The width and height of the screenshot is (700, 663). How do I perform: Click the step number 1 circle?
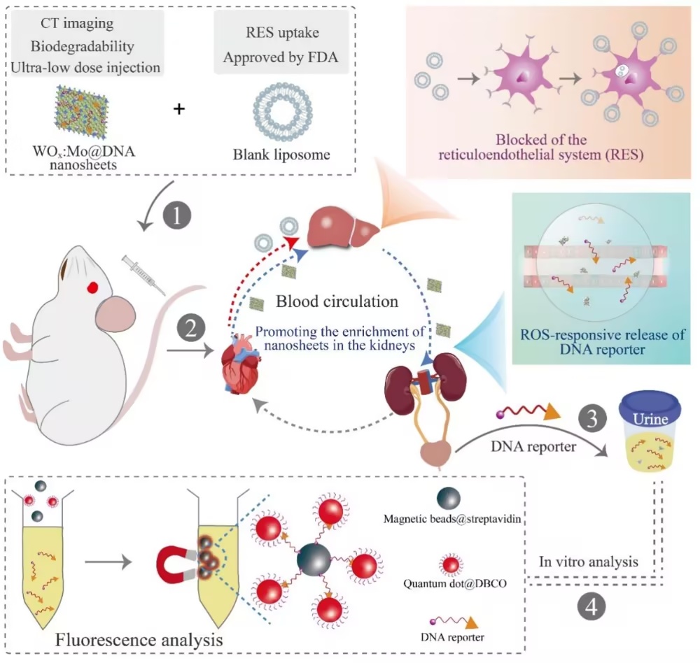tap(177, 216)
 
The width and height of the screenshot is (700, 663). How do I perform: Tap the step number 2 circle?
tap(191, 329)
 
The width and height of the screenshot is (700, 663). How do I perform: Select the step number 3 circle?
tap(592, 418)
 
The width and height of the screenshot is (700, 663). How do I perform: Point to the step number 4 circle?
tap(591, 607)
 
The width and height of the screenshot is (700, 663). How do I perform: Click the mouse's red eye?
tap(92, 287)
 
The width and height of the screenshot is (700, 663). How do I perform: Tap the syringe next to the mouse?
tap(143, 275)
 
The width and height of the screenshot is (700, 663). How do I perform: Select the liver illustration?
tap(343, 227)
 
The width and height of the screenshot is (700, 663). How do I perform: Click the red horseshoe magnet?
tap(176, 565)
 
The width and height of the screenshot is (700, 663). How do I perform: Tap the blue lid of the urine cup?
tap(650, 407)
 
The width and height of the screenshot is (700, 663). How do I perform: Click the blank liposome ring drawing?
tap(283, 112)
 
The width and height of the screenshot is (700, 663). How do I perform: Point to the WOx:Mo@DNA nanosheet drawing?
tap(82, 112)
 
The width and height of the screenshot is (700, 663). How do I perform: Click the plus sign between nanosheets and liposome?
tap(179, 108)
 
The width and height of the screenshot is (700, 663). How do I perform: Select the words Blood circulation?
tap(337, 301)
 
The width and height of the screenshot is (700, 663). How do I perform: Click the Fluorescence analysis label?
tap(139, 640)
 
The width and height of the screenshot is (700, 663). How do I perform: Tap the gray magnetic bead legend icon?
tap(449, 499)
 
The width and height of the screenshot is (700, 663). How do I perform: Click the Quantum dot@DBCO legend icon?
tap(451, 565)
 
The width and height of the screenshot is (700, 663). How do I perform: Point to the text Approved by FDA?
tap(281, 57)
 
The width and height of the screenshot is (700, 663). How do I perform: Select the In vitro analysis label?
tap(589, 562)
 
